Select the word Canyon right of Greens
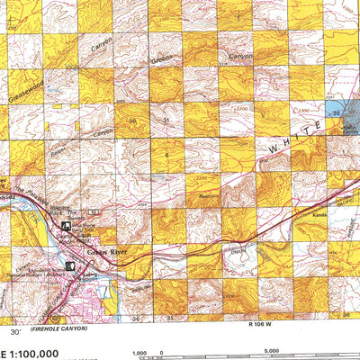point(241,56)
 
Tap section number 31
point(167,120)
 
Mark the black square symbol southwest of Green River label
point(72,265)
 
